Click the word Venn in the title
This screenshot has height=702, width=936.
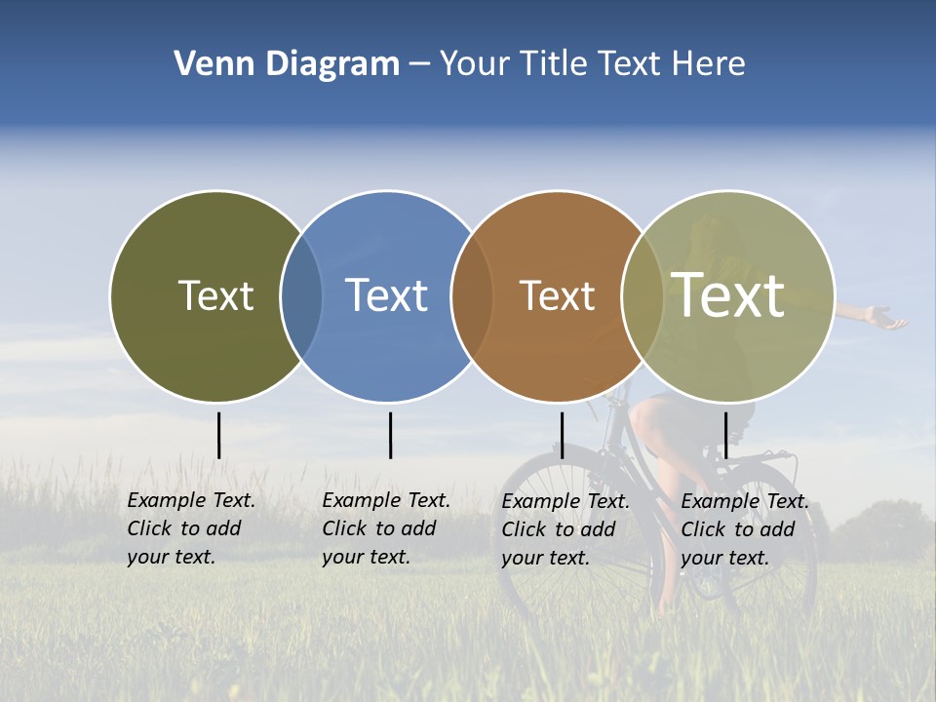point(211,63)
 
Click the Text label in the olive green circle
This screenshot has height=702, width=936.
point(215,295)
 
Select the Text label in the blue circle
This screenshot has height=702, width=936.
point(386,295)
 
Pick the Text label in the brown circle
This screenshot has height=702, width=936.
point(557,295)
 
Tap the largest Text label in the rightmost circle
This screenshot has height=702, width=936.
point(727,295)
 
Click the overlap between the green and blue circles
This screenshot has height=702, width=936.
point(301,296)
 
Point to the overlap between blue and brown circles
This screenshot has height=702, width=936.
point(472,296)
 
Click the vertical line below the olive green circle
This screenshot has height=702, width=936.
point(219,435)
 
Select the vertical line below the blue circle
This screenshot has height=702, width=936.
point(390,435)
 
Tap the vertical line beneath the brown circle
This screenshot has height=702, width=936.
point(562,435)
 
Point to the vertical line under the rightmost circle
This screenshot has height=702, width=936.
point(725,435)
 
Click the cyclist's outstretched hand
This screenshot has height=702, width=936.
point(886,318)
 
